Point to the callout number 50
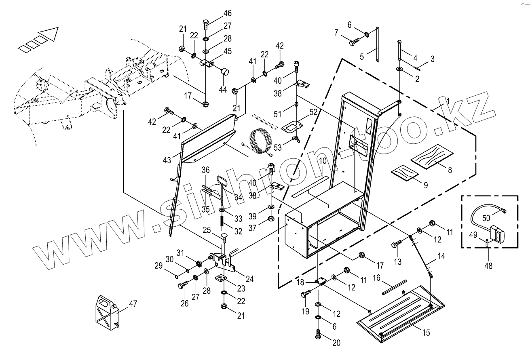point(486,218)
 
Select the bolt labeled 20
point(317,334)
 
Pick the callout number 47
point(133,305)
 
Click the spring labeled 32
point(222,221)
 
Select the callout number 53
point(278,148)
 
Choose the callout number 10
point(323,161)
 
